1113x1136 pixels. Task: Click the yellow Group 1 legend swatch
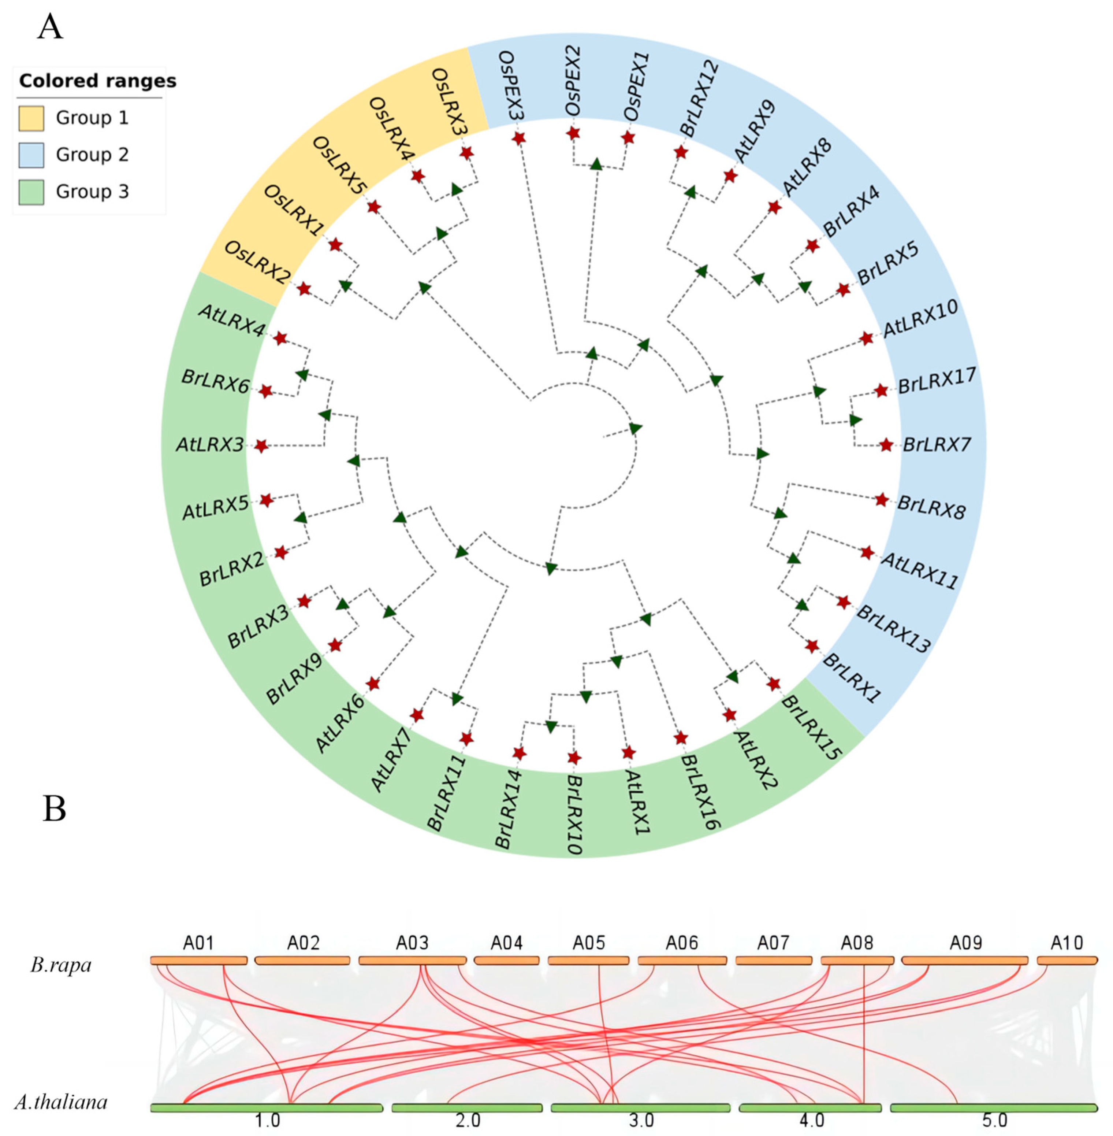click(31, 118)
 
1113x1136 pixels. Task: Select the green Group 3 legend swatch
click(31, 192)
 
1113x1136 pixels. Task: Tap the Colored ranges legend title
click(97, 81)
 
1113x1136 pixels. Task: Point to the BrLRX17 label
click(937, 380)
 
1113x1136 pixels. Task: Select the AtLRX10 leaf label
click(920, 318)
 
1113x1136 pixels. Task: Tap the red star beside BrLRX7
click(886, 445)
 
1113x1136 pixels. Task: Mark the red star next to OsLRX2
click(304, 288)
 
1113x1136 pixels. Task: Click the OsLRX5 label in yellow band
click(340, 166)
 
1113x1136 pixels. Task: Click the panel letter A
click(50, 27)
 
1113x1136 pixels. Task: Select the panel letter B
click(54, 809)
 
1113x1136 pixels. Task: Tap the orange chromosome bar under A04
click(506, 961)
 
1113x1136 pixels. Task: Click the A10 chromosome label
click(1067, 943)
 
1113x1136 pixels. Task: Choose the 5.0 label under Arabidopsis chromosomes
click(994, 1121)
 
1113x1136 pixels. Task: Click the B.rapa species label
click(61, 965)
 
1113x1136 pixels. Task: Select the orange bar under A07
click(773, 961)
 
